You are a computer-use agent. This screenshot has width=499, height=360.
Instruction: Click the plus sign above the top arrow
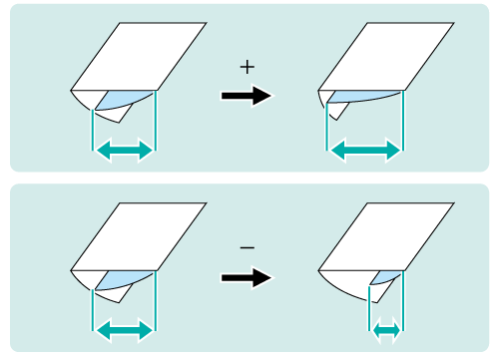pos(248,68)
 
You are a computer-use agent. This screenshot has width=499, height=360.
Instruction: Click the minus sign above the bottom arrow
pos(248,247)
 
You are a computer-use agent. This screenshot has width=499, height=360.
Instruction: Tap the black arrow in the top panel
pos(247,96)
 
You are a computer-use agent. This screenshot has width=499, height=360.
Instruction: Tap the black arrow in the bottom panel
pos(247,277)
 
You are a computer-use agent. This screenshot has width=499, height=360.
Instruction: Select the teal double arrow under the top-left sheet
pos(124,149)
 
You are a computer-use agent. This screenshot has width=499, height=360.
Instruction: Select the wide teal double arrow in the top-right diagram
pos(366,151)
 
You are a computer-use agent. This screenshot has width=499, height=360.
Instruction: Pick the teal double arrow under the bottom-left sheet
pos(124,330)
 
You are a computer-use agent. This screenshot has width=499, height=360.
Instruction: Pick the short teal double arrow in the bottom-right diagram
pos(386,330)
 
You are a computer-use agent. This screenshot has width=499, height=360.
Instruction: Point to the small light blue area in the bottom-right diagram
pos(385,277)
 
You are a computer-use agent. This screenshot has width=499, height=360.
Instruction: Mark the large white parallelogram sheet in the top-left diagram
pos(139,57)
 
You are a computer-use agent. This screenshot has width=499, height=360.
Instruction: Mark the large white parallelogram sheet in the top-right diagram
pos(386,57)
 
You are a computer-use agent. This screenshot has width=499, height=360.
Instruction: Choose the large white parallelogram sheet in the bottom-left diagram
pos(139,236)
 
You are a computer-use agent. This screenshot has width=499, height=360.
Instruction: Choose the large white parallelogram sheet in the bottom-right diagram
pos(386,236)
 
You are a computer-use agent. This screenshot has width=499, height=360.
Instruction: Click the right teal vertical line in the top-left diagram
pos(156,121)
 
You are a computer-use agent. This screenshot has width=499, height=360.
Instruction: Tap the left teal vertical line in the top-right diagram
pos(326,127)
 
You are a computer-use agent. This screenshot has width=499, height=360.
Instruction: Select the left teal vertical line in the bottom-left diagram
pos(92,310)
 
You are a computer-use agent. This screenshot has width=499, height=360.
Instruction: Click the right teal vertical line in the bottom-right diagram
pos(403,301)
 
